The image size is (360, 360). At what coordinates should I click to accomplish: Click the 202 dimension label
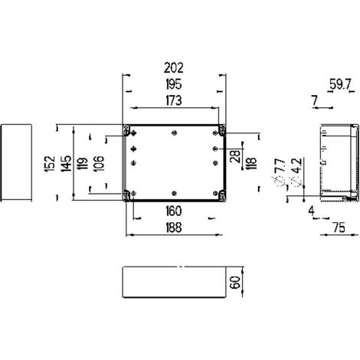(x=174, y=68)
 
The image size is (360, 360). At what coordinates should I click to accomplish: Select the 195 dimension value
(x=174, y=84)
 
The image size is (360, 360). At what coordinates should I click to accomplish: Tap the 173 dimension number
(x=174, y=100)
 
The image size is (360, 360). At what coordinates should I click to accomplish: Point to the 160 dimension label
(x=174, y=211)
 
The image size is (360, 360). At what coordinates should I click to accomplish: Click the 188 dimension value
(x=174, y=227)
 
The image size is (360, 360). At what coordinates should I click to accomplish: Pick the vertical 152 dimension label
(x=50, y=164)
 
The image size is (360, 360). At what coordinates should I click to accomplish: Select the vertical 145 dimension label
(x=66, y=163)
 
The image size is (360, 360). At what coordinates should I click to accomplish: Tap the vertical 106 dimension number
(x=98, y=163)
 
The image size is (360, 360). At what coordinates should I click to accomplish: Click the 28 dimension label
(x=235, y=156)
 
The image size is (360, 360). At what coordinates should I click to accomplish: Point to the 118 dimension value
(x=251, y=164)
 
